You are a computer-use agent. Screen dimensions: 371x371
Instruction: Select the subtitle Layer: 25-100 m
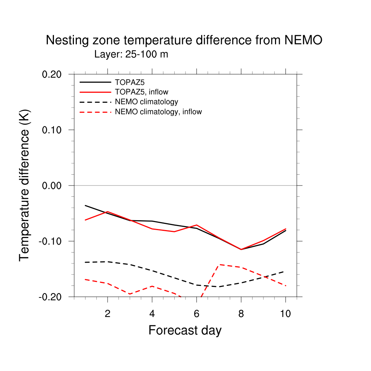point(131,55)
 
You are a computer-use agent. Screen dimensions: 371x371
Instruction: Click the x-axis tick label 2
point(107,314)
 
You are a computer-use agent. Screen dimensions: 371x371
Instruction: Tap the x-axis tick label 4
point(152,314)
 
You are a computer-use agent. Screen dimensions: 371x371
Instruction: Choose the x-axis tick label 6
point(196,314)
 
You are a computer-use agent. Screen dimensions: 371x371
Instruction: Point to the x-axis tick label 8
point(241,314)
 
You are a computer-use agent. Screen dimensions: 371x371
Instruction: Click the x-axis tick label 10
point(285,314)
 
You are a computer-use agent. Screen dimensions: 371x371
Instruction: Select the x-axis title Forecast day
point(185,330)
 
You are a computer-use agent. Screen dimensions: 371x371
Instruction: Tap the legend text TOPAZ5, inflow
point(141,92)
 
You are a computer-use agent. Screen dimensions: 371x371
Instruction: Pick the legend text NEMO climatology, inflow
point(158,112)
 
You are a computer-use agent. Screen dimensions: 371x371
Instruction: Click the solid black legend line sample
point(95,82)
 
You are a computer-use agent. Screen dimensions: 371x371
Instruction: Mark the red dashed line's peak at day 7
point(219,264)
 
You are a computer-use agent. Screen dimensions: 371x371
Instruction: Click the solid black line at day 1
point(85,205)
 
